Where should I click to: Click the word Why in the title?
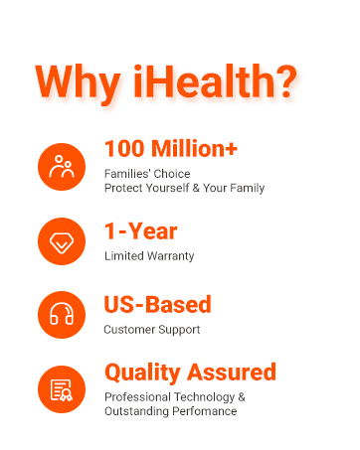80,80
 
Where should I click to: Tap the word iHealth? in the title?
214,80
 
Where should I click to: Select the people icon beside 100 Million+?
63,167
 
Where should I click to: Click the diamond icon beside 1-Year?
63,241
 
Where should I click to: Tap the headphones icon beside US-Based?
63,315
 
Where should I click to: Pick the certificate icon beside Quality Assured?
63,388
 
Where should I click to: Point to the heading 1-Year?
140,231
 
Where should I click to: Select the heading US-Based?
157,305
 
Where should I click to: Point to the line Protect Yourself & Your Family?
184,188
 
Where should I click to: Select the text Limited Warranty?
149,255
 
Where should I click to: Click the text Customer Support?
152,329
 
